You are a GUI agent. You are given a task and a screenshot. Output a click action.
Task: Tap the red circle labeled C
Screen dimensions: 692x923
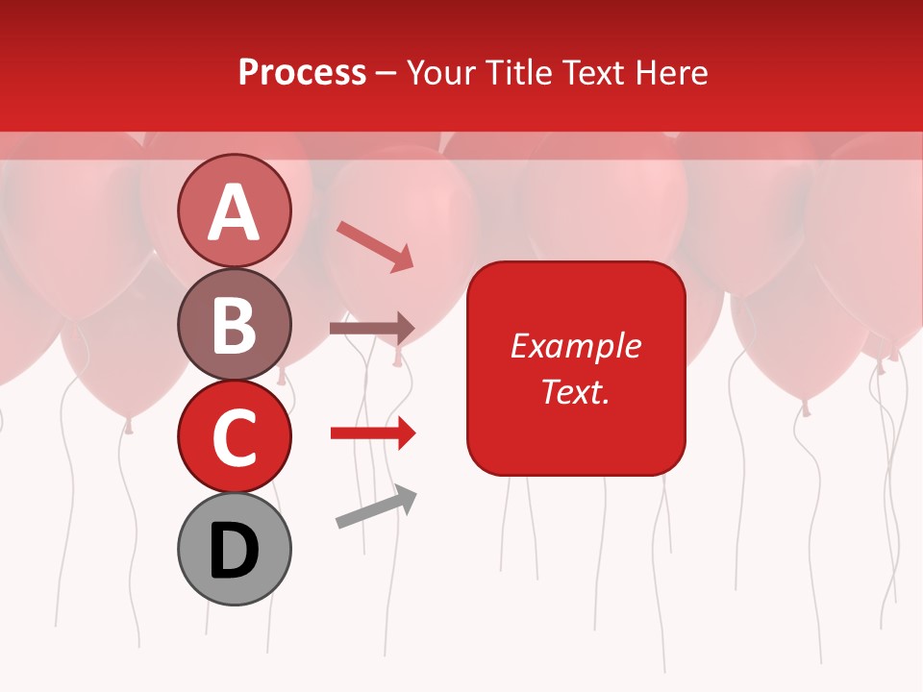click(234, 436)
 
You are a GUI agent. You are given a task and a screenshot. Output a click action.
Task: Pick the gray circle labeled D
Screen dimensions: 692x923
click(234, 549)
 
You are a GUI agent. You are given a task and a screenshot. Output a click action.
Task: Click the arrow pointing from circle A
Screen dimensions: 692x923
click(375, 246)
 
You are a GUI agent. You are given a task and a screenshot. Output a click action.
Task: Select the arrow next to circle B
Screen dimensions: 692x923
click(372, 329)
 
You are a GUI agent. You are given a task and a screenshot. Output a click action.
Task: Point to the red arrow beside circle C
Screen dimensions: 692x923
click(372, 434)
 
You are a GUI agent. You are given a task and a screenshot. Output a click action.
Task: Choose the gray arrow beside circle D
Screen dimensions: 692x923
click(376, 507)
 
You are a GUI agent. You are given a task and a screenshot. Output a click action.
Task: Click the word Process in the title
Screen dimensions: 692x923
click(302, 73)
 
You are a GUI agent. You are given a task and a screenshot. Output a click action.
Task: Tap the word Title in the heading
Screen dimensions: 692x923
click(519, 73)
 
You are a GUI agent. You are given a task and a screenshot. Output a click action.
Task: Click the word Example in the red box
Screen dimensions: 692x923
click(575, 346)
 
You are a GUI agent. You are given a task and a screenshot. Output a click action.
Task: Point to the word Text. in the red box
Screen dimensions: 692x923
click(575, 391)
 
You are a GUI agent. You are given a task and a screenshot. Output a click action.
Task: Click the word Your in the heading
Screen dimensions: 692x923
click(441, 73)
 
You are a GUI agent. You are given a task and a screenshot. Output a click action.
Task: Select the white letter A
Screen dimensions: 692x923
click(234, 211)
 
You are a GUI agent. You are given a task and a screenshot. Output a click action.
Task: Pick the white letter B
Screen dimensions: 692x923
click(234, 325)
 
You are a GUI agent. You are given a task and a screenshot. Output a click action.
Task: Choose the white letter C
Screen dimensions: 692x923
click(234, 438)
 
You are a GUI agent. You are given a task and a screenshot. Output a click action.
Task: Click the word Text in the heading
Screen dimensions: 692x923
click(594, 73)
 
